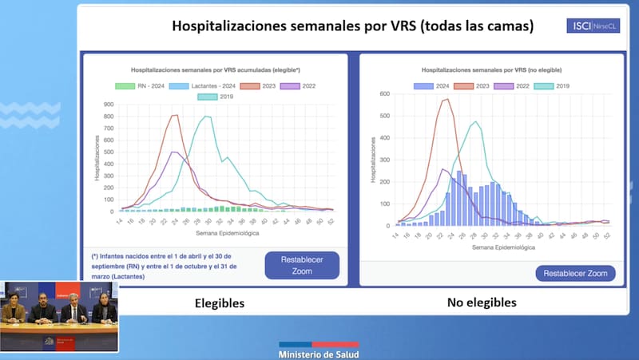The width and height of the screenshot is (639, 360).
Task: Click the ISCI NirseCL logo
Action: coord(591,26)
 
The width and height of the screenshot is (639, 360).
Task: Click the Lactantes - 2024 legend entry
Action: coord(211,85)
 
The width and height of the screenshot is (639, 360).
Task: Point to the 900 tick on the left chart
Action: coord(109,104)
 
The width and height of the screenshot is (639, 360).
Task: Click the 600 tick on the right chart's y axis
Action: coord(383,93)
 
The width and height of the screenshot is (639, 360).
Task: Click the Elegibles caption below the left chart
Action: coord(220,303)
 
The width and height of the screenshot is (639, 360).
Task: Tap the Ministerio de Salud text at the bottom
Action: coord(319,354)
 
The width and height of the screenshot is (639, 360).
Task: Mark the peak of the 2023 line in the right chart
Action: coord(447,99)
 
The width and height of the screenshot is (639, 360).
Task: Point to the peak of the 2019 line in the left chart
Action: coord(208,117)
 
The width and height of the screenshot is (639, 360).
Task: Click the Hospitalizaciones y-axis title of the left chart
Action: coord(97,158)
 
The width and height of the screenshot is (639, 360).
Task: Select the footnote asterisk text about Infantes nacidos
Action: coord(169,266)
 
